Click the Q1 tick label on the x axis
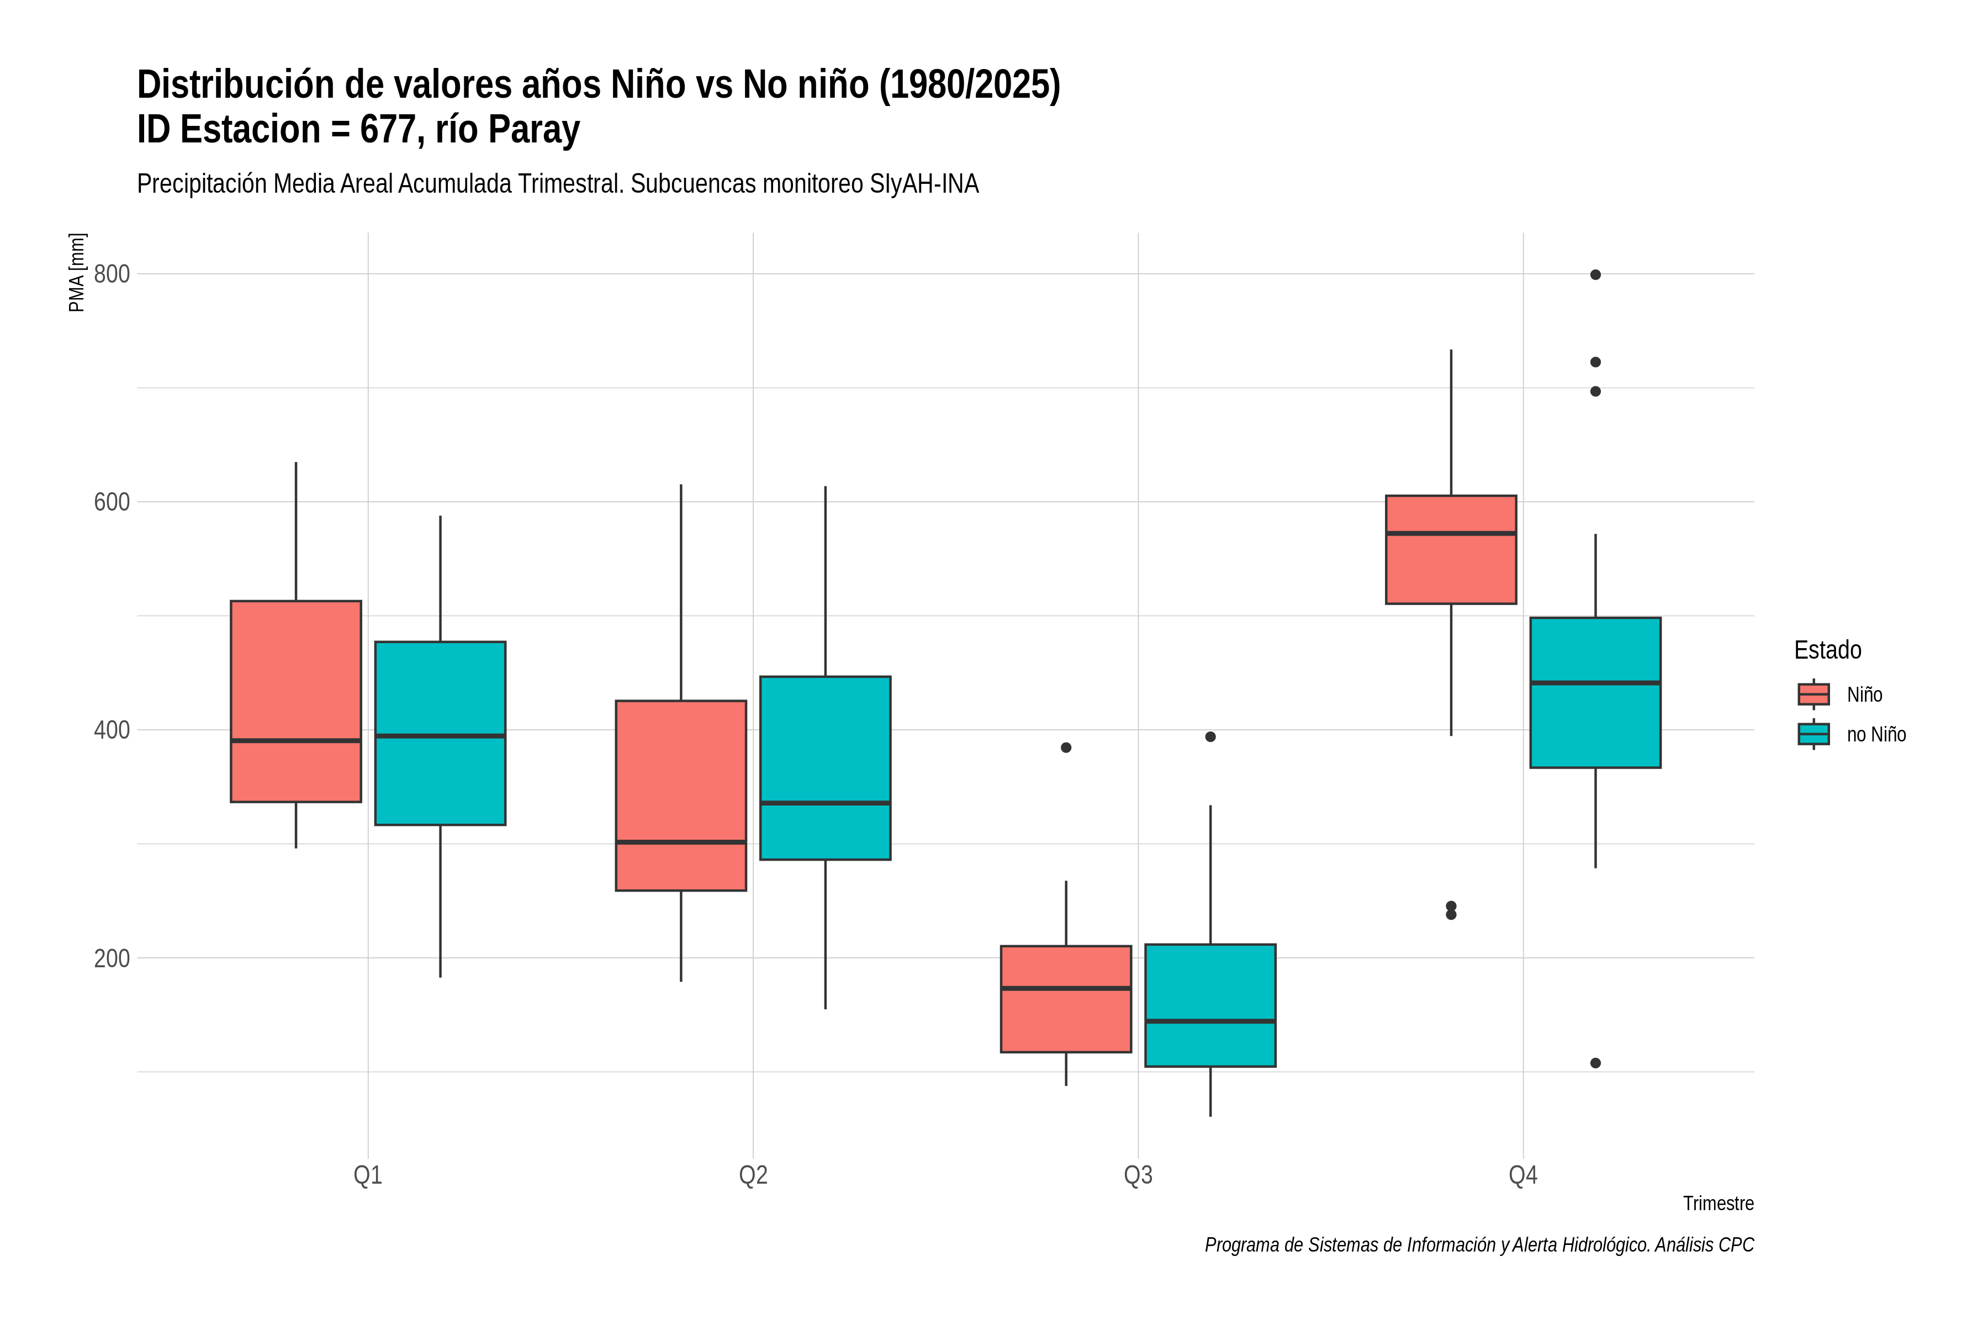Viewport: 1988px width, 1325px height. click(368, 1175)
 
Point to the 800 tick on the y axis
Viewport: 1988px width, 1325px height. click(112, 274)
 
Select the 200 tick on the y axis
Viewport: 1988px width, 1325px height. click(112, 958)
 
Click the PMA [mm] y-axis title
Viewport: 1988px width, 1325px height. click(77, 273)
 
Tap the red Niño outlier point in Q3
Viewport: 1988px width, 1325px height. click(1066, 748)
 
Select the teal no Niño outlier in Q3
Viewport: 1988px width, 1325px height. click(1210, 737)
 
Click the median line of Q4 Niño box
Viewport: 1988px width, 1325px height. click(1451, 533)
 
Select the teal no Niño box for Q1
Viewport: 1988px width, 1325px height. click(440, 734)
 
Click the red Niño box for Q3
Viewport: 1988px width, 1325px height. click(1066, 999)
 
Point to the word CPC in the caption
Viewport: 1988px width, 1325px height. click(1736, 1245)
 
